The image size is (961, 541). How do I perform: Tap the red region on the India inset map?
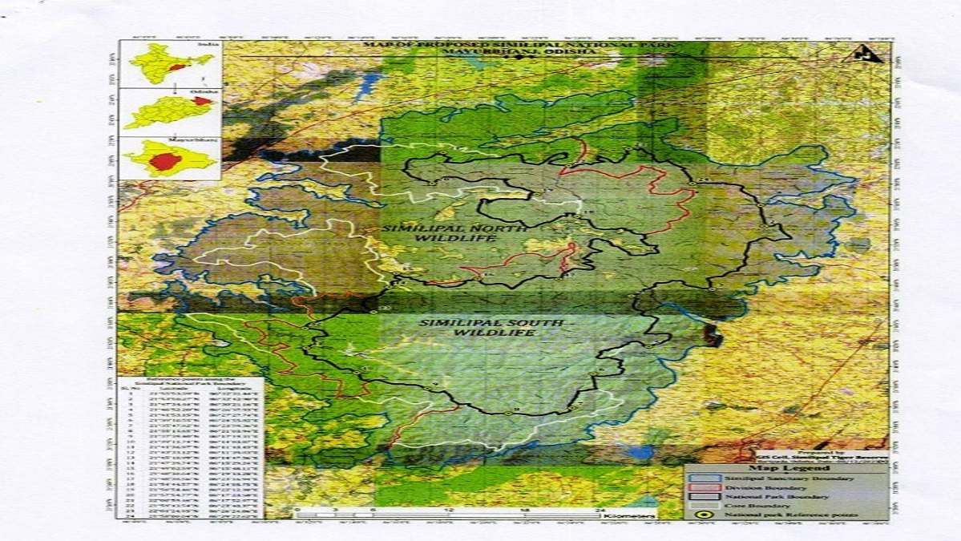(x=178, y=67)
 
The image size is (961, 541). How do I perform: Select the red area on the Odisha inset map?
(x=202, y=101)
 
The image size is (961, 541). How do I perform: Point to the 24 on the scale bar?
(x=600, y=508)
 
